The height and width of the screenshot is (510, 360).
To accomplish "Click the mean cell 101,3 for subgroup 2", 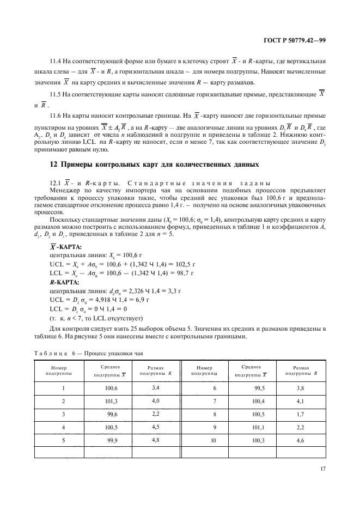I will [111, 402].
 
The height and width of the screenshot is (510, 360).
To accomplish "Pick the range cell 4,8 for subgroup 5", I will [155, 439].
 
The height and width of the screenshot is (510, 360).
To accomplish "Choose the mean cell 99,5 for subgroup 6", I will [260, 387].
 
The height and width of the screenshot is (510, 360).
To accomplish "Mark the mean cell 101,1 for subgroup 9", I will [259, 427].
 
